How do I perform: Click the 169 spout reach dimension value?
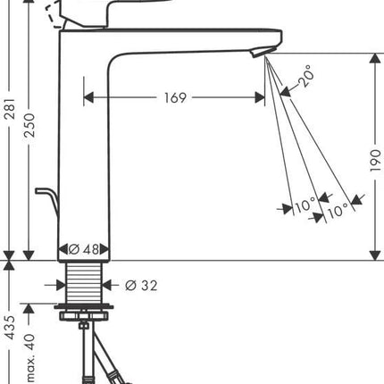175,97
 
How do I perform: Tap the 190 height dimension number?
375,161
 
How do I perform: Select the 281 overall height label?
11,109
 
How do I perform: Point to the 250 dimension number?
29,125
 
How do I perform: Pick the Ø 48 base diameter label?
84,249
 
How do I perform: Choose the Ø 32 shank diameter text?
141,286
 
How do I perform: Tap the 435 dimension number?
11,328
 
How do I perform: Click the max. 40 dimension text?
30,358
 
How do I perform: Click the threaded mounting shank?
84,283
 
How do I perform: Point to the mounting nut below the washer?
84,315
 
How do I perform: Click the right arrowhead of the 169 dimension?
260,97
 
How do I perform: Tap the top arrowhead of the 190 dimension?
375,58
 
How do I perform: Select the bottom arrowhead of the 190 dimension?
375,255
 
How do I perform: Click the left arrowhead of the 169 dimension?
88,97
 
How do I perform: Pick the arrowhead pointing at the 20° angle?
285,92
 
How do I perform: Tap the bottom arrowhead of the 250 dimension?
29,255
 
